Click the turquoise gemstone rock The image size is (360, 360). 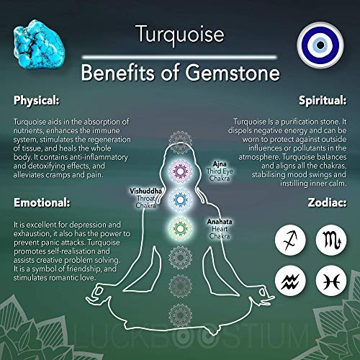[x=38, y=45]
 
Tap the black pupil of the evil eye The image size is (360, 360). [x=320, y=45]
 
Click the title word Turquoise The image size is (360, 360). [x=180, y=35]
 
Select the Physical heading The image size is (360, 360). [x=36, y=100]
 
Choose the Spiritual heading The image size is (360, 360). [x=323, y=100]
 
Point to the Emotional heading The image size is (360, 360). [x=42, y=202]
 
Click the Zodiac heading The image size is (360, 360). [x=327, y=202]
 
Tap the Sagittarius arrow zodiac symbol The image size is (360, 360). [x=290, y=240]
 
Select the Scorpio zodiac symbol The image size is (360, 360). [x=331, y=240]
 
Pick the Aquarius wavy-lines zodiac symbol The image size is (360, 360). [x=290, y=281]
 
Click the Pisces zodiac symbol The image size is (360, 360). [x=331, y=281]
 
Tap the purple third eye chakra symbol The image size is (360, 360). [x=180, y=171]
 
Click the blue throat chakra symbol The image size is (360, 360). [x=180, y=199]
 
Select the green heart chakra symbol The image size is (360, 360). [x=180, y=228]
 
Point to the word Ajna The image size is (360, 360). [x=220, y=164]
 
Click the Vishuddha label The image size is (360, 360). [x=145, y=191]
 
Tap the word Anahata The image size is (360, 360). [x=220, y=222]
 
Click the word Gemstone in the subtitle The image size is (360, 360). [x=233, y=73]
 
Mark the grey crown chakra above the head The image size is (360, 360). [x=180, y=142]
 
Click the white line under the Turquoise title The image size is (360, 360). [x=179, y=57]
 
